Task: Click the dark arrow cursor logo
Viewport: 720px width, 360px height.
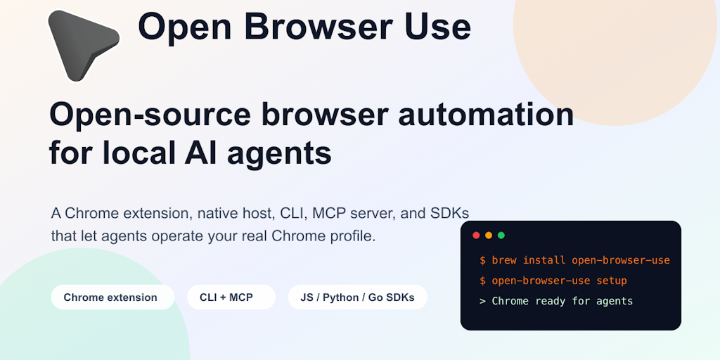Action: click(x=80, y=44)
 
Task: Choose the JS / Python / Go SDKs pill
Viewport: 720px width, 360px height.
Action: click(x=358, y=297)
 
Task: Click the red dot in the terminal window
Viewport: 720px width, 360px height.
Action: click(x=476, y=235)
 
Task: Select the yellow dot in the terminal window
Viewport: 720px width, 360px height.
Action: click(x=489, y=235)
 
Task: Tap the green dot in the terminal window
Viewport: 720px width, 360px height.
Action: click(x=501, y=235)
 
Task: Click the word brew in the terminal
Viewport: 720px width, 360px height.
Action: click(x=503, y=260)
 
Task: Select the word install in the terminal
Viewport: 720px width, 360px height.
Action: click(x=544, y=260)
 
